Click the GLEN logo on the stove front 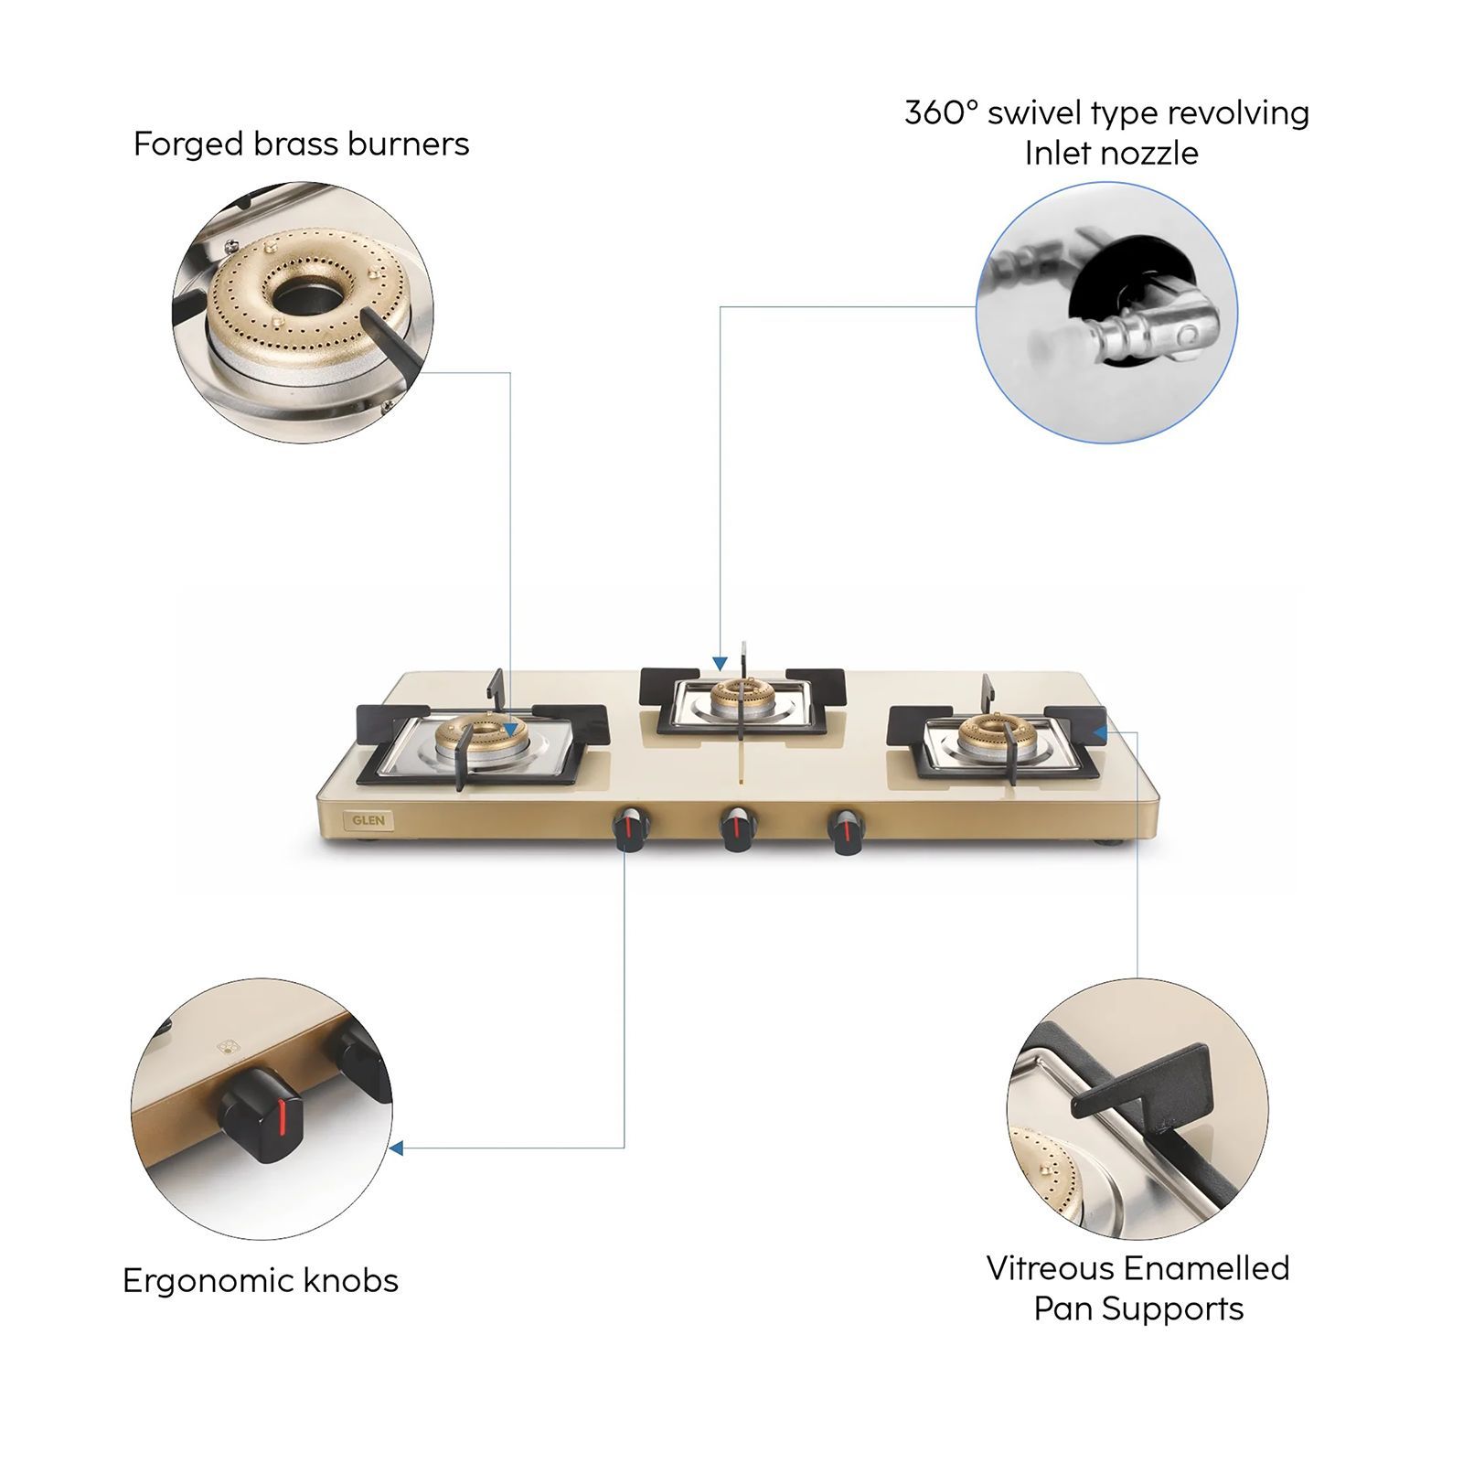pos(368,820)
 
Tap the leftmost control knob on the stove pos(630,828)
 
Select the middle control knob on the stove pos(737,828)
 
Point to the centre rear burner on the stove pos(742,697)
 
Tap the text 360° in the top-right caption pos(941,113)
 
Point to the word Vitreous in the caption pos(1050,1268)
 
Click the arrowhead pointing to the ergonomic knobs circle pos(396,1148)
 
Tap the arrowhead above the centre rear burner pos(721,664)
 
